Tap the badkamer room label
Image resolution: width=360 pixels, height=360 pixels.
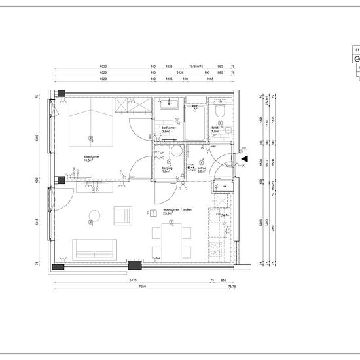[x=169, y=129]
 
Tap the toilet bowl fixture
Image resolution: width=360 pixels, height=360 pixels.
[x=221, y=116]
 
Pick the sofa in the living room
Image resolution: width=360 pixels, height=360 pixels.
[x=94, y=248]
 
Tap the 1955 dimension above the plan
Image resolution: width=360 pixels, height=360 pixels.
[x=211, y=79]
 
